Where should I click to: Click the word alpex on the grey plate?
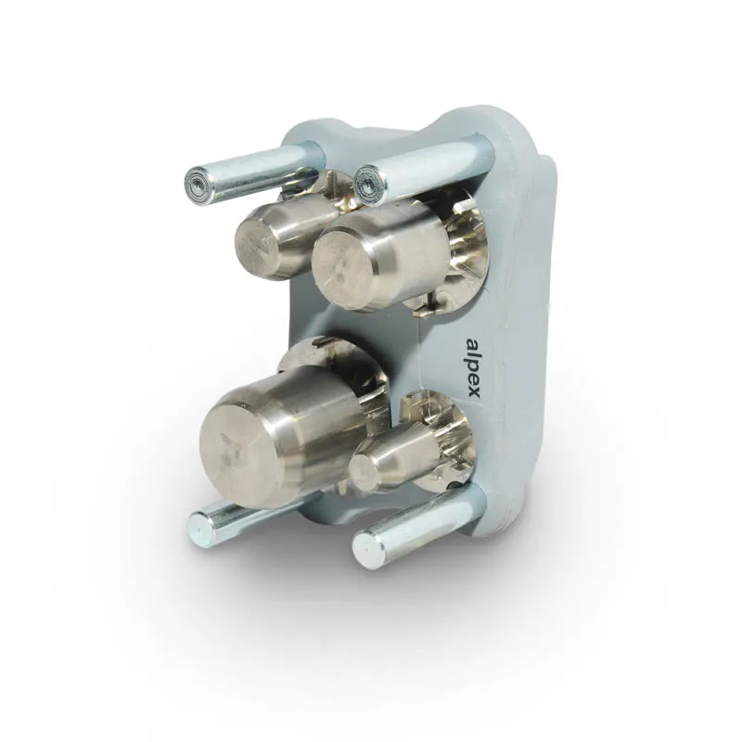pyautogui.click(x=473, y=369)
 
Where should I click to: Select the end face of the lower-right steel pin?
pyautogui.click(x=365, y=549)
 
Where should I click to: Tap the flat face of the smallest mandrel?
pyautogui.click(x=362, y=473)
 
